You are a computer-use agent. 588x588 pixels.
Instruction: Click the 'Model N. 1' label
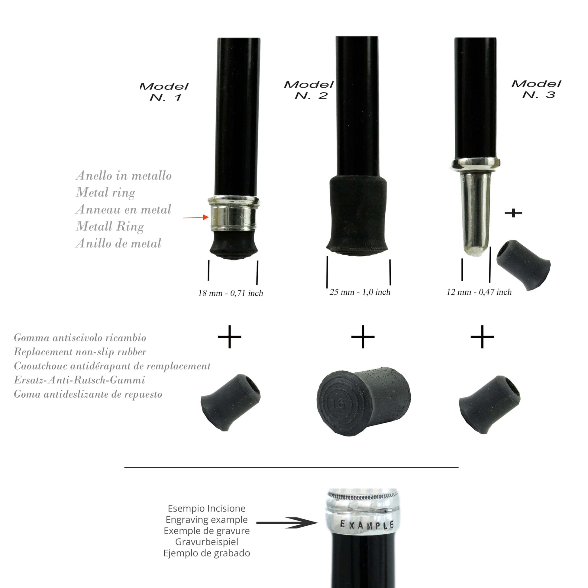pyautogui.click(x=164, y=92)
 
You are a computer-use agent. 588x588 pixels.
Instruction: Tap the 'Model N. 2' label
pyautogui.click(x=309, y=90)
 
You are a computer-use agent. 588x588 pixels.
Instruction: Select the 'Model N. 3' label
pyautogui.click(x=536, y=89)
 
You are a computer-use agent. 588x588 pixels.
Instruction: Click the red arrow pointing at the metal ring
pyautogui.click(x=196, y=217)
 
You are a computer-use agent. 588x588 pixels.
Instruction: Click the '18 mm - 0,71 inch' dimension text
pyautogui.click(x=231, y=293)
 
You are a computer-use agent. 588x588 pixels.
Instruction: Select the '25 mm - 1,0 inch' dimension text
pyautogui.click(x=360, y=292)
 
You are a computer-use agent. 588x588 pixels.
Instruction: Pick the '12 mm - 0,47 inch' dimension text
pyautogui.click(x=479, y=292)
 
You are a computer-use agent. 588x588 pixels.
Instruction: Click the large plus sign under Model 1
pyautogui.click(x=229, y=337)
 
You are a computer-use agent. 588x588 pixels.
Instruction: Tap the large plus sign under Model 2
pyautogui.click(x=363, y=337)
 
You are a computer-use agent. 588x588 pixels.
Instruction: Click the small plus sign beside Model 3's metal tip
pyautogui.click(x=513, y=213)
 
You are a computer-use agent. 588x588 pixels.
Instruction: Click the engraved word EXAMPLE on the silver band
pyautogui.click(x=367, y=525)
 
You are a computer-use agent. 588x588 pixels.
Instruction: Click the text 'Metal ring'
pyautogui.click(x=106, y=193)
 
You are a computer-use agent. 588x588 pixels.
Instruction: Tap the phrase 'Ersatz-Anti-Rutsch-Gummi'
pyautogui.click(x=79, y=380)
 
